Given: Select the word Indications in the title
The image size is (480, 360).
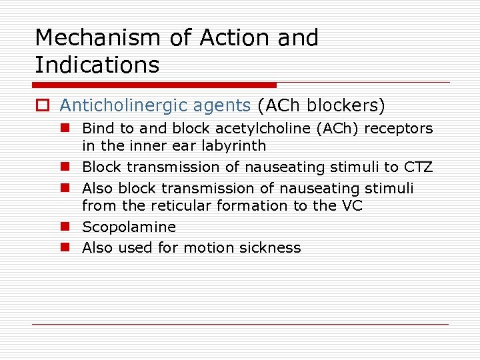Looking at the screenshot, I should pos(97,65).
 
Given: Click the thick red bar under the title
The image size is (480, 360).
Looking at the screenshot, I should pos(155,85).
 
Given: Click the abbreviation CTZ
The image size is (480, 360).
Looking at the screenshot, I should pos(418,167).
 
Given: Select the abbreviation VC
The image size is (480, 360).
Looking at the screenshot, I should pos(351,205).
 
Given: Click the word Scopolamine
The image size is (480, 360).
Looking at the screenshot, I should pos(129,227).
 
